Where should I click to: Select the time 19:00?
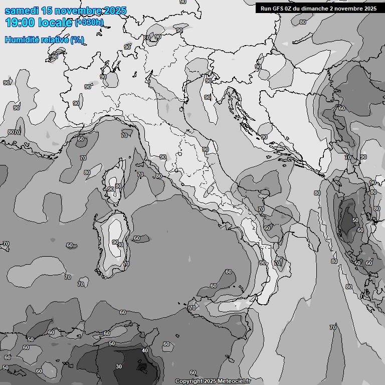(20, 23)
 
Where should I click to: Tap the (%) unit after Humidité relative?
(77, 40)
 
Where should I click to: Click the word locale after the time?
(55, 23)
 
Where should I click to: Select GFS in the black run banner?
(277, 8)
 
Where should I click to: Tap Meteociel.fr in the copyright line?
(235, 381)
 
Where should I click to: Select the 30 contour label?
(119, 366)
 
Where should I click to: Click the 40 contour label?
(145, 350)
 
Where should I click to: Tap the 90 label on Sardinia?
(115, 242)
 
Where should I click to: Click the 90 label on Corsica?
(110, 189)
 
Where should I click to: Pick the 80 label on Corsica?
(118, 186)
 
